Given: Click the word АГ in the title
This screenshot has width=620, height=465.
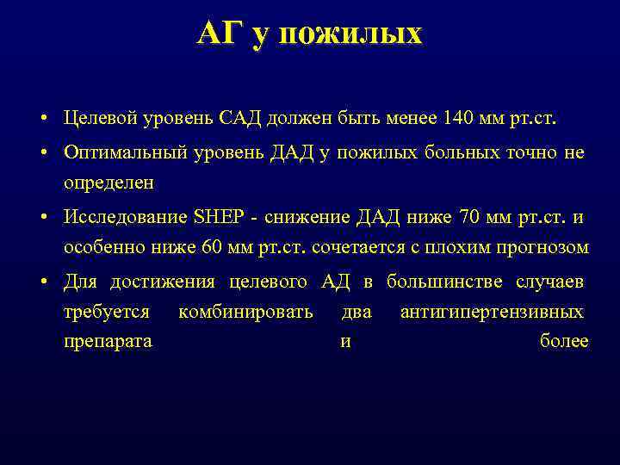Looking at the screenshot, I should click(220, 34).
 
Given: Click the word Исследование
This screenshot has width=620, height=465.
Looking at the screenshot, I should click(123, 217).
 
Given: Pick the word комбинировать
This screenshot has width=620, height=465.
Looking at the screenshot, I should click(245, 312).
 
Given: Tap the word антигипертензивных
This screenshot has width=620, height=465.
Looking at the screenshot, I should click(492, 312).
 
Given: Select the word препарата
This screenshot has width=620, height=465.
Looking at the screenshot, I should click(108, 341).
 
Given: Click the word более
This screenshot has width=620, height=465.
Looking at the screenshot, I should click(563, 341).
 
